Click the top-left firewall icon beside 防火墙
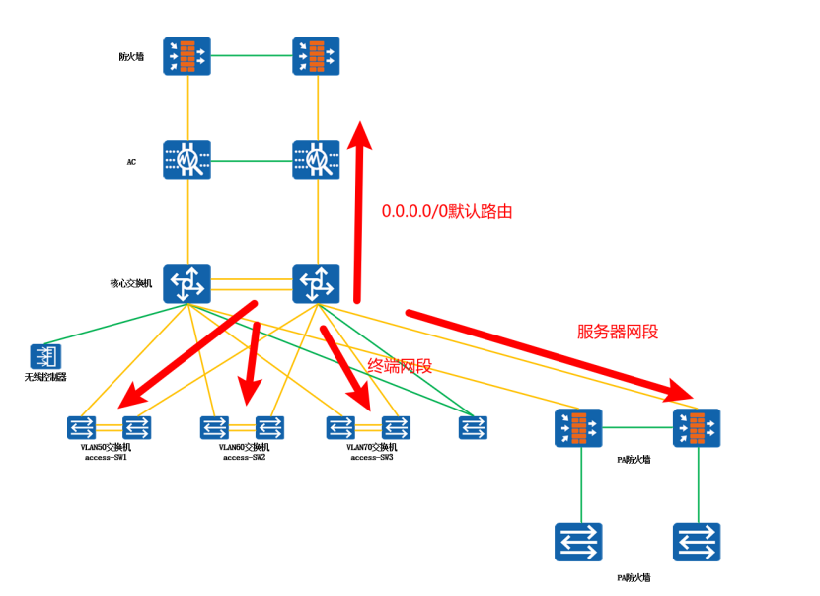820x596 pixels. tap(187, 56)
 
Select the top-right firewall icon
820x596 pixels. tap(316, 56)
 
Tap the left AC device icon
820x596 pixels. tap(187, 159)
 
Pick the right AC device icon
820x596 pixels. tap(316, 159)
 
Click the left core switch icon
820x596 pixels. tap(187, 284)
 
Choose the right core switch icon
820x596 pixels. tap(316, 284)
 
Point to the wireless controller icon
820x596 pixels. tap(45, 356)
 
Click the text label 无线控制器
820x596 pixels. tap(44, 377)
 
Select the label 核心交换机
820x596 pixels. tap(131, 284)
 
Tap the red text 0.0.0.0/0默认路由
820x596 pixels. tap(447, 211)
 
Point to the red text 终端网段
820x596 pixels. tap(400, 366)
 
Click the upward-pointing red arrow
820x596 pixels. tap(358, 212)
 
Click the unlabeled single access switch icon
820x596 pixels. tap(473, 427)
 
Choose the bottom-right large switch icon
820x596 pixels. tap(697, 543)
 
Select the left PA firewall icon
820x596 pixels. tap(578, 427)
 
